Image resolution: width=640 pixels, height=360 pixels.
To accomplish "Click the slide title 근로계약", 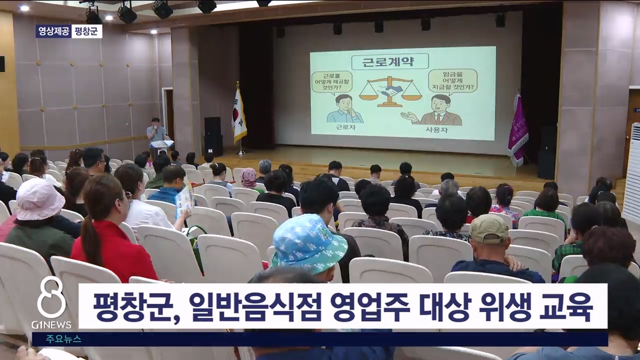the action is (390, 63).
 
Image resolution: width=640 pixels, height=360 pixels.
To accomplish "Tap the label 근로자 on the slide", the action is (345, 127).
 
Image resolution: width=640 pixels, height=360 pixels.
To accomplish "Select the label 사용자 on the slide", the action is (436, 130).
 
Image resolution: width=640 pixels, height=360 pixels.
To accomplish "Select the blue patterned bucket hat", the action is (309, 243).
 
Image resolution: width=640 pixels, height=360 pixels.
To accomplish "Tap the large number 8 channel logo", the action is (51, 297).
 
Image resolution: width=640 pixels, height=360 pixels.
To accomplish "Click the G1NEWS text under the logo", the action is (52, 324).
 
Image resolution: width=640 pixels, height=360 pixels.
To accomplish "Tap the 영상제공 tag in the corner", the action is (54, 31).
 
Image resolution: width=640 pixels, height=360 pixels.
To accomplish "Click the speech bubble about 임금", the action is (453, 81).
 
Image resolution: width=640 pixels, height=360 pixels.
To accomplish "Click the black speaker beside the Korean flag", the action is (213, 136).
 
